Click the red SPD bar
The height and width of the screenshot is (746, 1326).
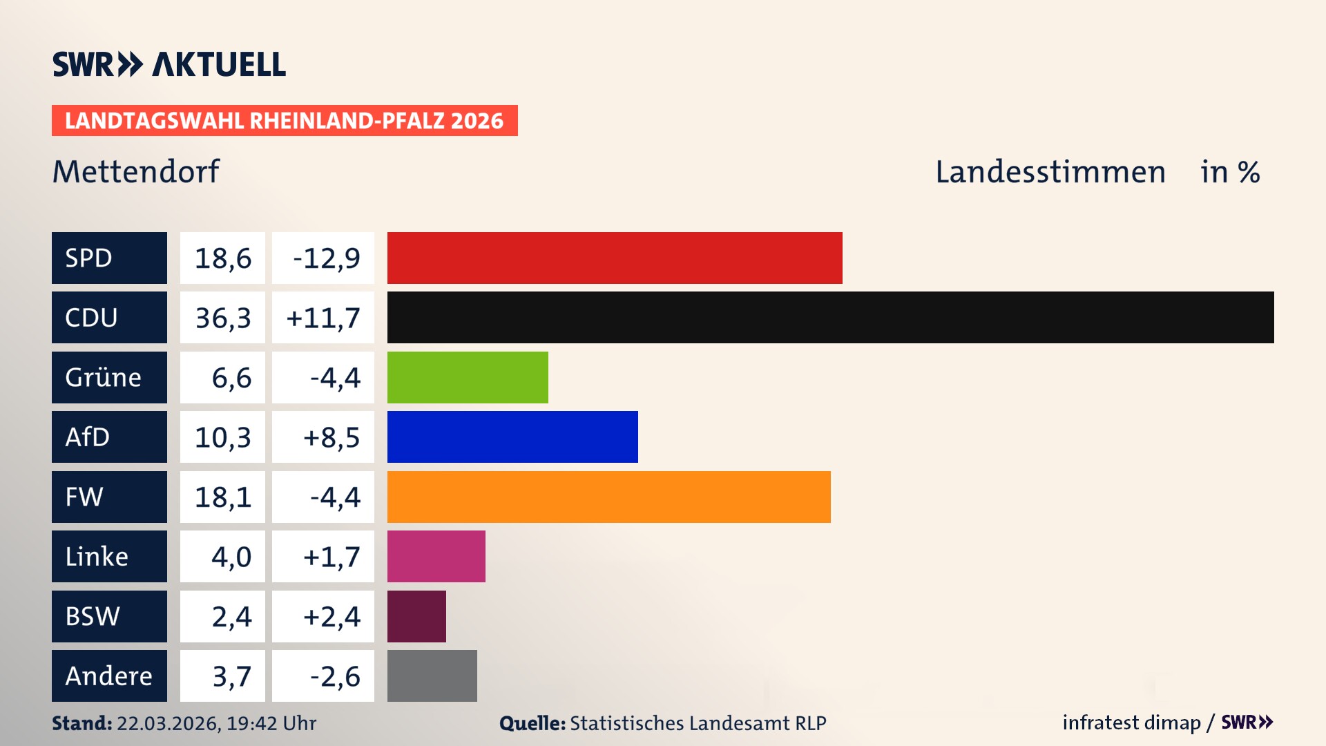tap(615, 258)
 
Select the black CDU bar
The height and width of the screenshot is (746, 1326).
tap(830, 317)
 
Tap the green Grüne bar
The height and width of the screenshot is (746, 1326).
tap(468, 377)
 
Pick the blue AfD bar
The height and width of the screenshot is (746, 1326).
tap(512, 437)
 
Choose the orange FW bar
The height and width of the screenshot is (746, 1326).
tap(608, 497)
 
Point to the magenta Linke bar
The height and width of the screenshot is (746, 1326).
tap(436, 556)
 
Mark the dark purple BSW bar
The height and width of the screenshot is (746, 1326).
tap(416, 616)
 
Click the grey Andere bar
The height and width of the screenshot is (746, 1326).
tap(432, 676)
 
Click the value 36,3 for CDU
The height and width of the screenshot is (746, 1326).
tap(222, 318)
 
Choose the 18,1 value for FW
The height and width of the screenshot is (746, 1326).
tap(222, 497)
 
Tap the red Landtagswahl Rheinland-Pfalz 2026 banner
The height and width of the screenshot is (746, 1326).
tap(285, 120)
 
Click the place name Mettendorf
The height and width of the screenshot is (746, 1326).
tap(136, 171)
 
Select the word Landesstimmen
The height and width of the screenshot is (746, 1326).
tap(1050, 171)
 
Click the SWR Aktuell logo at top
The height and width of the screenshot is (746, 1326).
tap(169, 64)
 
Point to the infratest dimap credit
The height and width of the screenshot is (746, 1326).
tap(1131, 723)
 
